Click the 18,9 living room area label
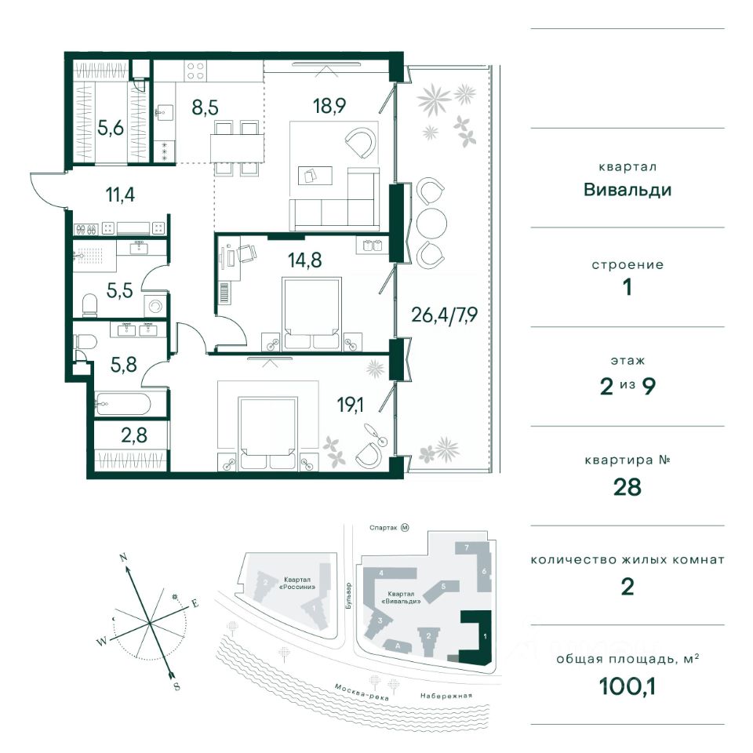pos(329,106)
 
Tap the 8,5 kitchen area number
pos(205,107)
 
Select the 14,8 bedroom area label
pos(304,260)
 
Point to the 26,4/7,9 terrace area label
pos(444,315)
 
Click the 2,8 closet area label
pos(134,435)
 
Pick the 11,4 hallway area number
pos(120,195)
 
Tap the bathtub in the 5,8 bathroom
pos(123,405)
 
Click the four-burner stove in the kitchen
pos(195,71)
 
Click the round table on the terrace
pos(431,223)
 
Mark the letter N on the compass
pos(123,558)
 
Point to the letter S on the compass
pos(176,686)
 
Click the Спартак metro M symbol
pos(405,528)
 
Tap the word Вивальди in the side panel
pos(627,190)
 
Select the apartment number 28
pos(627,487)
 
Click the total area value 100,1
pos(627,686)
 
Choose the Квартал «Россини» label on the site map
pos(299,583)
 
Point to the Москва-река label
pos(362,692)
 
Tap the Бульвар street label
pos(348,596)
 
